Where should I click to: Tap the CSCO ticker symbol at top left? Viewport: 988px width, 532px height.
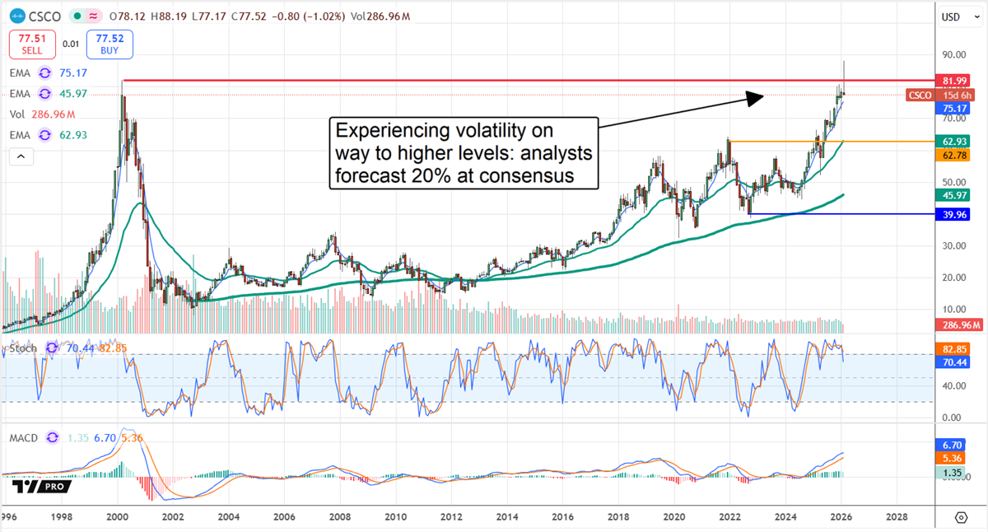pos(40,16)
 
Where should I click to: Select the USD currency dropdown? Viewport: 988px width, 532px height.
pos(955,16)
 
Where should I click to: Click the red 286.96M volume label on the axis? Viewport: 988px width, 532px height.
pos(957,325)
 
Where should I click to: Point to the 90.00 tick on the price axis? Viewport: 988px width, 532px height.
pos(953,55)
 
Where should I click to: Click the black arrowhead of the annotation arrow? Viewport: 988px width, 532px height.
pos(756,97)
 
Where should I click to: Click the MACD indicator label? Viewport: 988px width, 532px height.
pos(24,437)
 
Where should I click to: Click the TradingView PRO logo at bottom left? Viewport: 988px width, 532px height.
pos(42,487)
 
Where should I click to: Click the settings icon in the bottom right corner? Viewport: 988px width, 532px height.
pos(960,517)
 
